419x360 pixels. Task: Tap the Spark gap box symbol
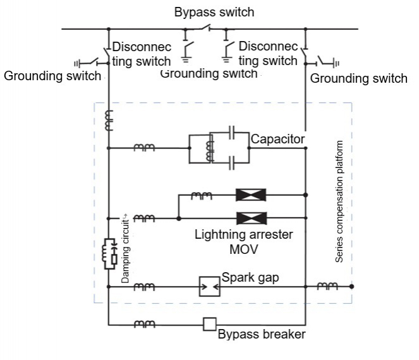coord(209,287)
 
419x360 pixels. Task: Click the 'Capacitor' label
coord(278,138)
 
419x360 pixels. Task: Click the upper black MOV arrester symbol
coord(248,195)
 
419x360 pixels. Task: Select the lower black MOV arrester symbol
coord(248,219)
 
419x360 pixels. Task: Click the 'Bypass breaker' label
coord(261,334)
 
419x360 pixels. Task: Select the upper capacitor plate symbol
coord(233,133)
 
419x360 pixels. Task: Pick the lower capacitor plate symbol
coord(233,163)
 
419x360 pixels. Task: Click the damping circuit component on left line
coord(109,253)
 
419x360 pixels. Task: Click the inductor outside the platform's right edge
coord(327,287)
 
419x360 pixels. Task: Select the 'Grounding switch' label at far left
coord(52,76)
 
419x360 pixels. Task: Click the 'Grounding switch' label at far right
coord(358,79)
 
